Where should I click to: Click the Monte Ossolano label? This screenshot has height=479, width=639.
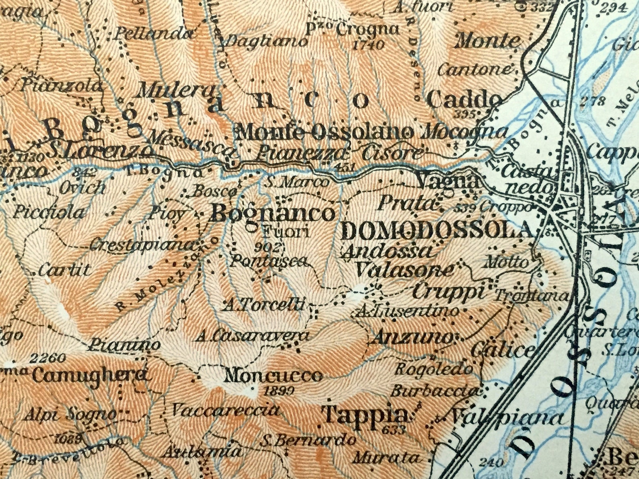tap(324, 132)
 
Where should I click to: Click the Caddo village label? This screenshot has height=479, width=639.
tap(465, 99)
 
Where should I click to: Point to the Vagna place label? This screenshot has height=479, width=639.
tap(448, 181)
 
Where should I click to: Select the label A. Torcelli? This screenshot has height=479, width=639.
tap(264, 305)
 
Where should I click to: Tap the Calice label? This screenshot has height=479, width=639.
tap(503, 350)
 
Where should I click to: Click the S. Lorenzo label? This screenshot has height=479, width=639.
tap(100, 151)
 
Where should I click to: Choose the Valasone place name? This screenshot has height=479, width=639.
tap(404, 269)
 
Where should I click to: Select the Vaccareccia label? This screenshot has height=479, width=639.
tap(226, 410)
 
